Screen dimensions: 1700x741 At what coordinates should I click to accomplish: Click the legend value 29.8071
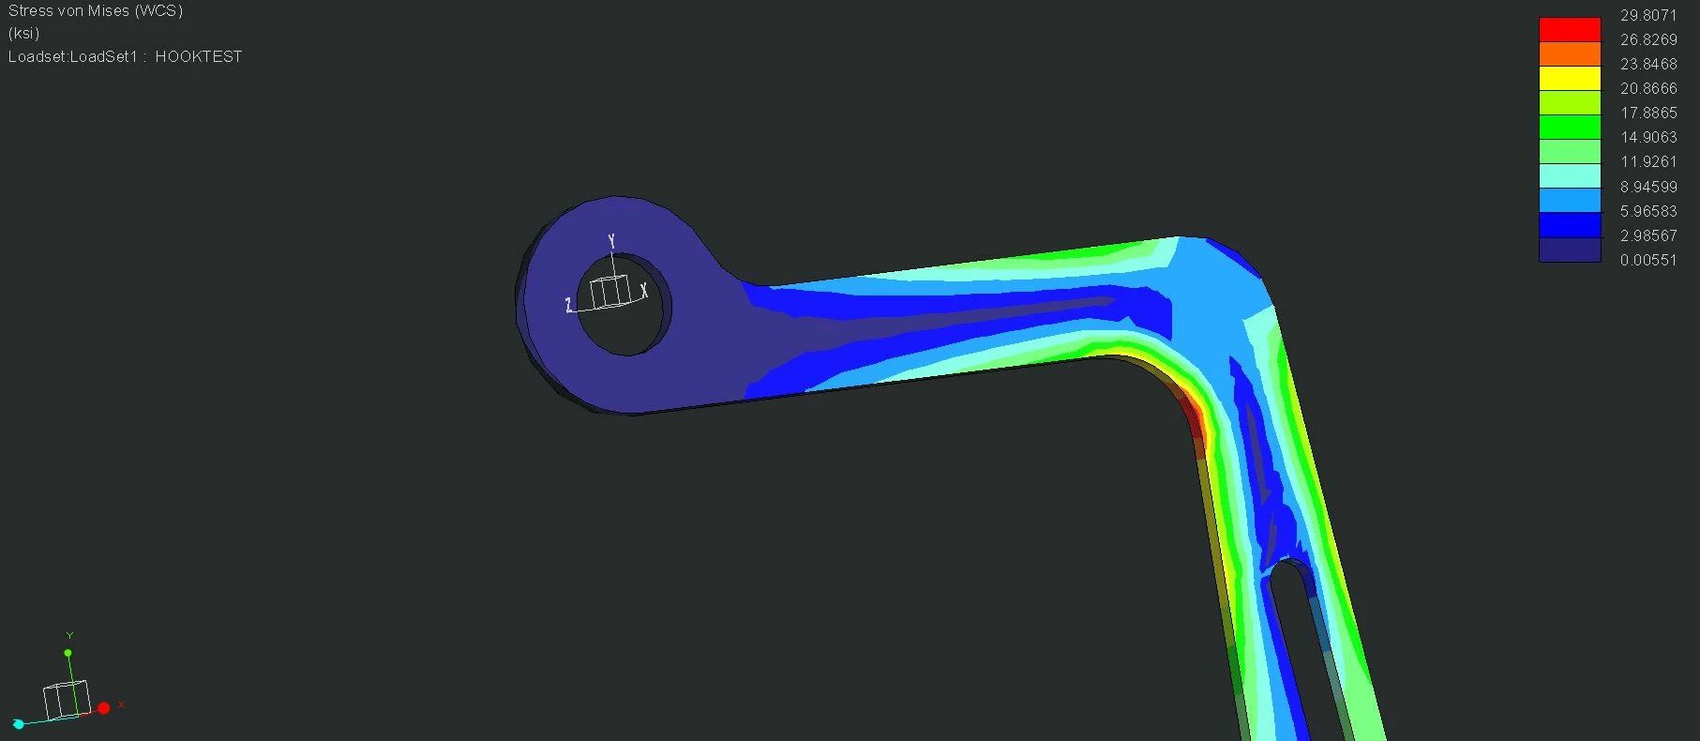(1648, 15)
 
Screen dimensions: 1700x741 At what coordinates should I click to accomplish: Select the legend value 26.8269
(1648, 39)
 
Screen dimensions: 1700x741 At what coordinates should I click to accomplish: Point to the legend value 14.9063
(1648, 137)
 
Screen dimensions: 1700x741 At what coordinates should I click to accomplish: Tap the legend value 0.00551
(1648, 260)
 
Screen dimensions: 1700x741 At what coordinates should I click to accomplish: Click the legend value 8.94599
(1648, 187)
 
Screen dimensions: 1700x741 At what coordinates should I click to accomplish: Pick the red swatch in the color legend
(1570, 30)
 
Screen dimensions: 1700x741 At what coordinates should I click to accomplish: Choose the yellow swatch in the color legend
(1570, 79)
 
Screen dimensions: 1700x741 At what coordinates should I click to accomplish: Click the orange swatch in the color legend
(1570, 54)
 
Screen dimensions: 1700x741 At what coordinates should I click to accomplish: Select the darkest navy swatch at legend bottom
(1570, 250)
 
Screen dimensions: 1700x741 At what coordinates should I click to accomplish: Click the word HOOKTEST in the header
(199, 56)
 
